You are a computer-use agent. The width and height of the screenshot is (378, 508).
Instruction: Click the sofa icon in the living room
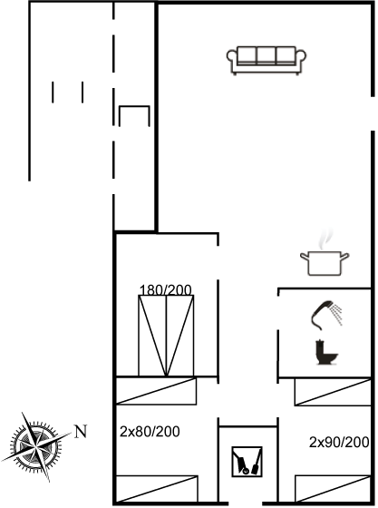click(267, 60)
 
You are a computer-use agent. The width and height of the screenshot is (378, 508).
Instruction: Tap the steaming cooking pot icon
click(325, 256)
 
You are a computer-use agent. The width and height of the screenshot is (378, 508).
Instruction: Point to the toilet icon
click(326, 352)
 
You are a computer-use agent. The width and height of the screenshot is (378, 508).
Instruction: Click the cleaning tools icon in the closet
click(247, 462)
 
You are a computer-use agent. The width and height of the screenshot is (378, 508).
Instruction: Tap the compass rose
click(35, 446)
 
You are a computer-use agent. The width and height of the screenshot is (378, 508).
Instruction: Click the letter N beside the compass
click(81, 432)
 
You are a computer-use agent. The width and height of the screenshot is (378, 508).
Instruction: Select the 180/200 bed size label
click(165, 289)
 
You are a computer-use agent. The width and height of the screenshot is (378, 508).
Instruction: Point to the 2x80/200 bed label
click(150, 432)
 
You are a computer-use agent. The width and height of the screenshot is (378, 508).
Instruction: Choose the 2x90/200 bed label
click(339, 442)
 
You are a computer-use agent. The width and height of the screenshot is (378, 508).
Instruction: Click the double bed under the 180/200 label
click(166, 336)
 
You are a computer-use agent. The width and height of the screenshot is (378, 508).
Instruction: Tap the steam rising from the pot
click(325, 239)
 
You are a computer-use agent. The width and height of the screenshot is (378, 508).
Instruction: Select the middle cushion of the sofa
click(267, 55)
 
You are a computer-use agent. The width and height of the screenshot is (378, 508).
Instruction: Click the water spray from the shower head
click(337, 314)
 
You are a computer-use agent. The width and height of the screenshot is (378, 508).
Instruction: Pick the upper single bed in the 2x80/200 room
click(156, 391)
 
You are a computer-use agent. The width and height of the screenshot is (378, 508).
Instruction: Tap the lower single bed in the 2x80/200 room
click(157, 489)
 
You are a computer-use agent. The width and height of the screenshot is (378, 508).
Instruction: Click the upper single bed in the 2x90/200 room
click(333, 392)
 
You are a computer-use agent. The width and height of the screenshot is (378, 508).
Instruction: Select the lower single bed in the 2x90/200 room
click(333, 489)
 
